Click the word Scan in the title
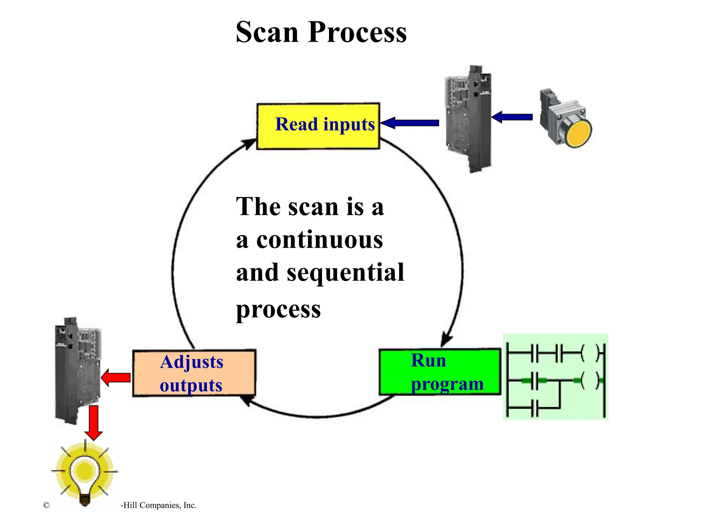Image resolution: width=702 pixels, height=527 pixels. click(x=267, y=32)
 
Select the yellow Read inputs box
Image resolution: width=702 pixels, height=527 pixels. click(x=318, y=126)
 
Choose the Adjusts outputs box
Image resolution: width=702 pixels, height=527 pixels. click(x=194, y=373)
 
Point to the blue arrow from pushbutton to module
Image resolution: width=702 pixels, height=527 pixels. click(x=512, y=117)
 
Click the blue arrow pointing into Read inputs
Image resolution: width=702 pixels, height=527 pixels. click(x=410, y=123)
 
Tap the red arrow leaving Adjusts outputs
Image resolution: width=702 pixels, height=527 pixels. click(x=116, y=378)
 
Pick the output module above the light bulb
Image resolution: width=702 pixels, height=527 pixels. click(x=78, y=371)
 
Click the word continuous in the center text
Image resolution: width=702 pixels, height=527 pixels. click(x=319, y=240)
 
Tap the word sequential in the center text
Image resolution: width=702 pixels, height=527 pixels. click(x=345, y=273)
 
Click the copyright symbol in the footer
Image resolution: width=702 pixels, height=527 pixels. click(x=46, y=505)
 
